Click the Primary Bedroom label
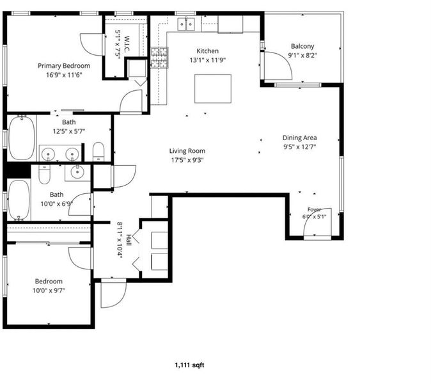point(64,66)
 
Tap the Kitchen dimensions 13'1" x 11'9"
point(208,60)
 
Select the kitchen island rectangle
point(213,88)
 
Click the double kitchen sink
point(186,24)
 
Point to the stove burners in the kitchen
point(159,58)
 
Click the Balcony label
point(302,46)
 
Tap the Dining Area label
point(300,138)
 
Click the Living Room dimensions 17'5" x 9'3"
point(187,160)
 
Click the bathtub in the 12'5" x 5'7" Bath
point(22,138)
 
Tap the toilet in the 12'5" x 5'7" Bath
point(98,152)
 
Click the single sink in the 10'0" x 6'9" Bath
point(77,172)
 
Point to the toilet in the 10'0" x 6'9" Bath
point(44,174)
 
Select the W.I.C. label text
point(127,44)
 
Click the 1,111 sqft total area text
point(189,365)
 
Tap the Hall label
point(129,240)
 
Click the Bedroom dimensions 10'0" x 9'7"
point(49,290)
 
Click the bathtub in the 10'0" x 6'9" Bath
point(19,200)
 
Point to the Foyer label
point(314,210)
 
